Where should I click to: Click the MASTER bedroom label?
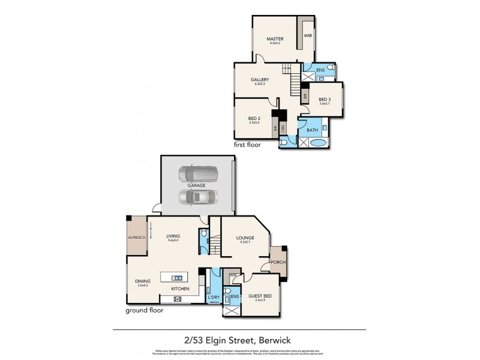(275, 39)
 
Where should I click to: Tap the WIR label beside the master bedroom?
(307, 36)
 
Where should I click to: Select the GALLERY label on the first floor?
(260, 79)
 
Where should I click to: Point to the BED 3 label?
(325, 100)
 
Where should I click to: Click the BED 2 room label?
(254, 118)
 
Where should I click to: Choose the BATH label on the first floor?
(312, 130)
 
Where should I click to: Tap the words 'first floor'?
(248, 145)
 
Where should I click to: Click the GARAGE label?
(196, 185)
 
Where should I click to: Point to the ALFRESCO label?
(137, 238)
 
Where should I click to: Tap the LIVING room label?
(173, 236)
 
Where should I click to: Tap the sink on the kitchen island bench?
(177, 278)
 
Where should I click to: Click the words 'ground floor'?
(144, 311)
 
